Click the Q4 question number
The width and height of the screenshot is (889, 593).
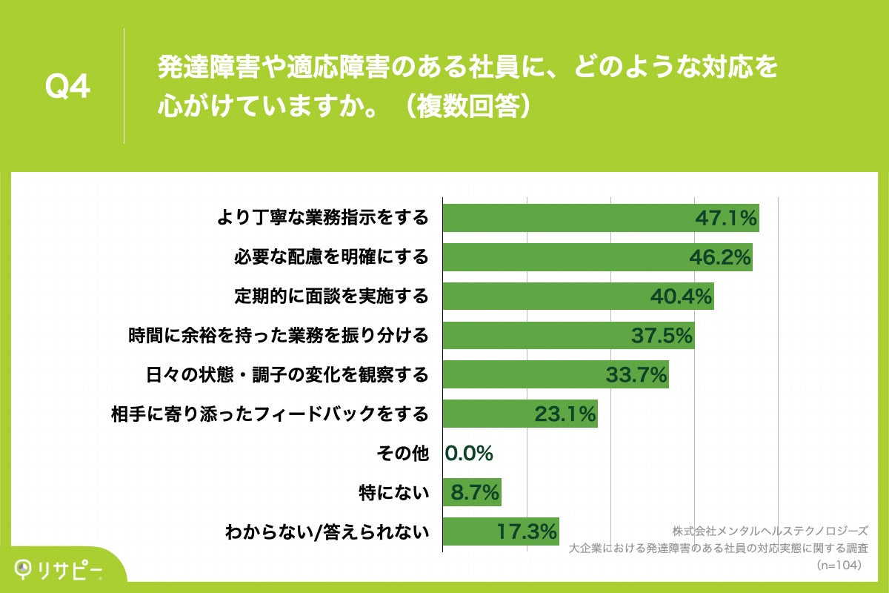(68, 87)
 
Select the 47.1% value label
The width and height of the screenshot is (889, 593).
(725, 218)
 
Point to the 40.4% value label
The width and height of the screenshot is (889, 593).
(681, 296)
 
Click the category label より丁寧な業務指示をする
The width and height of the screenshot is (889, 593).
(322, 218)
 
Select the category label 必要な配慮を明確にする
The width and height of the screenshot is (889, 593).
(331, 257)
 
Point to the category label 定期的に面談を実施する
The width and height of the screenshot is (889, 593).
(331, 296)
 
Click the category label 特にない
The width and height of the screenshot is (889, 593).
(393, 492)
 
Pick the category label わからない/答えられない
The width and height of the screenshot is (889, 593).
(327, 531)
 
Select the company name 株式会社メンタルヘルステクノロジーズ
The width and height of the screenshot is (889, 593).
(770, 531)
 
